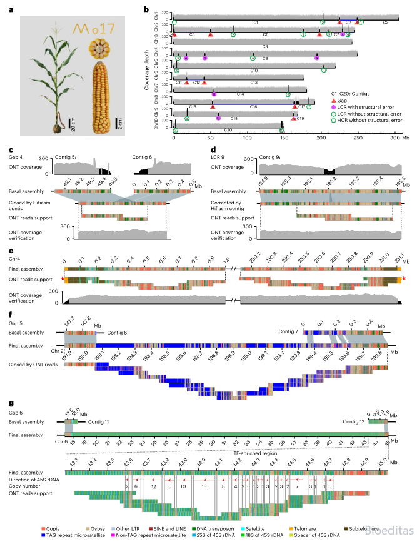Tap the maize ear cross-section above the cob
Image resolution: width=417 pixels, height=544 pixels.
tap(99, 48)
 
